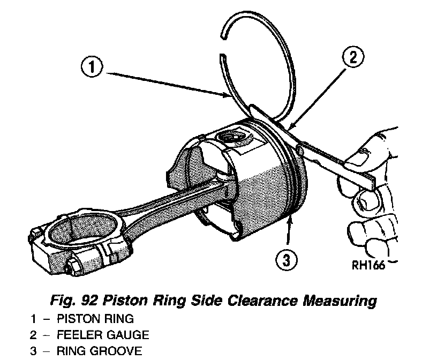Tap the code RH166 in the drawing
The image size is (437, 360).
coord(367,266)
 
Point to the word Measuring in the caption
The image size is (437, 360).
coord(340,300)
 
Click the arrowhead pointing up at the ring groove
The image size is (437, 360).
coord(290,221)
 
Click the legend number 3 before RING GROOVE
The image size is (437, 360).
coord(33,351)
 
